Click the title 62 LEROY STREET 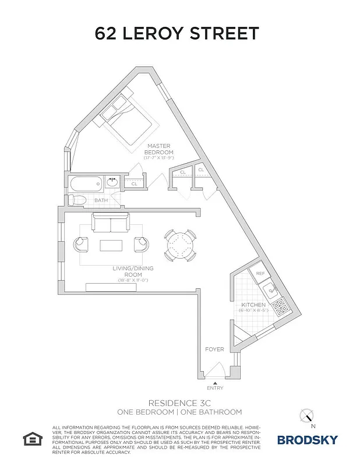tap(177, 33)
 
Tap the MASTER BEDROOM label tap(158, 149)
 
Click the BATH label tap(101, 201)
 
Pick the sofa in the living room tap(110, 224)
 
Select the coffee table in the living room tap(111, 245)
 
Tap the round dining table tap(179, 245)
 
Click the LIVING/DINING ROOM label tap(127, 271)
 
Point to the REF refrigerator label tap(260, 273)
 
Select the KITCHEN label tap(253, 305)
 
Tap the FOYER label tap(214, 349)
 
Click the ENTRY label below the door tap(214, 388)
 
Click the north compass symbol tap(306, 416)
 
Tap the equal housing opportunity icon tap(31, 438)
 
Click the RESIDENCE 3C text tap(179, 403)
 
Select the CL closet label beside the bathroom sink tap(134, 184)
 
